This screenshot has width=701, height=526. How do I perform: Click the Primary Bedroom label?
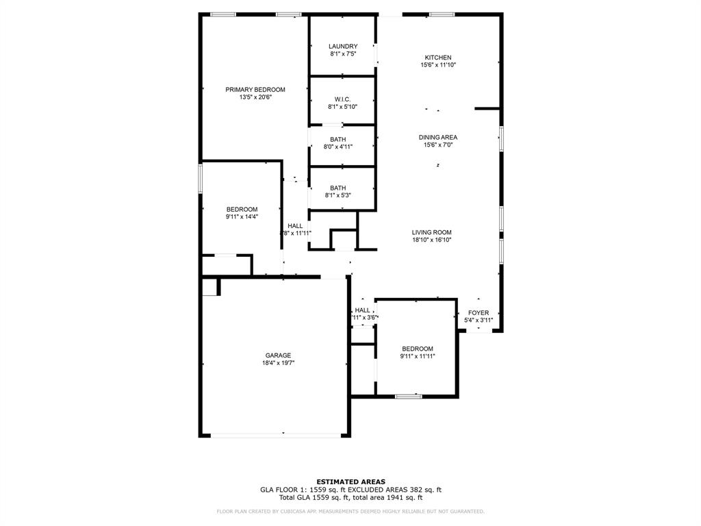[255, 90]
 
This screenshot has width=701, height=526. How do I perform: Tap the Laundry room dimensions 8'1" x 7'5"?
[343, 54]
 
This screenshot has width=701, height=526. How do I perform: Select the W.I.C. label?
[343, 99]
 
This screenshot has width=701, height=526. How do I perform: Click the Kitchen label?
[438, 58]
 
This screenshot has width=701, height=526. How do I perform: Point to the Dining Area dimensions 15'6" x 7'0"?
[438, 145]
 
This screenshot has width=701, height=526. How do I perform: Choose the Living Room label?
[432, 232]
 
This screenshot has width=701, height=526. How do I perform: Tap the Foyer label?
[479, 313]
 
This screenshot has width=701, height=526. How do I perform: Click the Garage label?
[279, 355]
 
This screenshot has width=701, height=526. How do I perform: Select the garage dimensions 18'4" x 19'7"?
[279, 363]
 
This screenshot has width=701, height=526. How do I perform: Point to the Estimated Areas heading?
[350, 481]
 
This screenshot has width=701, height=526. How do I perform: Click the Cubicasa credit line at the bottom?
[350, 512]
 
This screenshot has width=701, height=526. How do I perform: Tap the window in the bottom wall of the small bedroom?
[409, 396]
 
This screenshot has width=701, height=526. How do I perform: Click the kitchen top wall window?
[442, 14]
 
